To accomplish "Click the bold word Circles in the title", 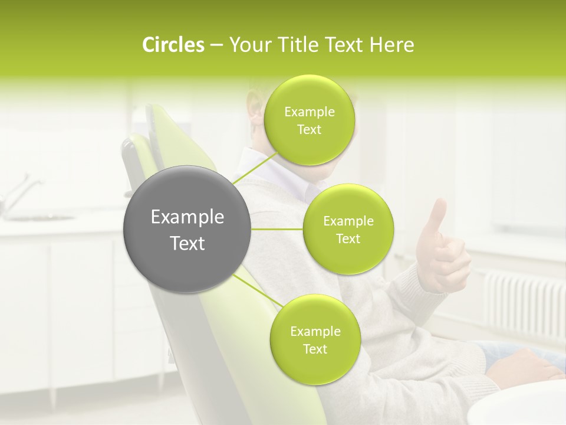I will coord(173,45).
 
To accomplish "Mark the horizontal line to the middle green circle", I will coord(277,229).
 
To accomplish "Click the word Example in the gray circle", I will coord(187,217).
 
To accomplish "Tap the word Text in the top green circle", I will coord(309,130).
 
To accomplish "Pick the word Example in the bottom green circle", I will coord(315,331).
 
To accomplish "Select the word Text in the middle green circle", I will coord(348,239).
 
